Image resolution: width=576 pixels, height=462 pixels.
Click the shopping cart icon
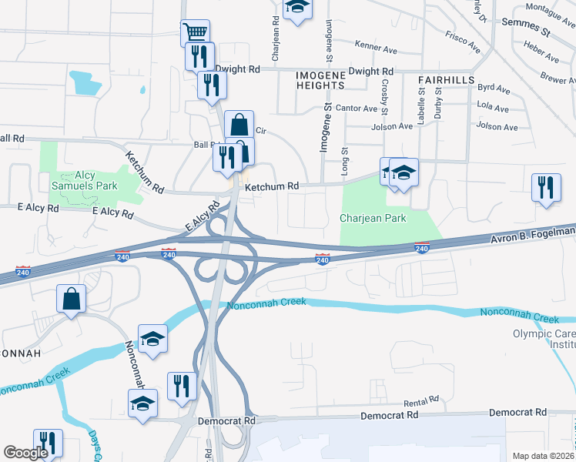(195, 32)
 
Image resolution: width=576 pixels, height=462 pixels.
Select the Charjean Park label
(373, 218)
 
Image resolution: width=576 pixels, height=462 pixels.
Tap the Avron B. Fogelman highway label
(532, 235)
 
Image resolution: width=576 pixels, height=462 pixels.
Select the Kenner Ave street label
(376, 47)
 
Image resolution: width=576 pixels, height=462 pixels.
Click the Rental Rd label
(420, 401)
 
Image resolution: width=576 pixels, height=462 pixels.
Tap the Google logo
(26, 453)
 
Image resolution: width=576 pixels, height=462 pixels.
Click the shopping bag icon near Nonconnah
(71, 300)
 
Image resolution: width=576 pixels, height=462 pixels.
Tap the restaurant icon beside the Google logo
(48, 443)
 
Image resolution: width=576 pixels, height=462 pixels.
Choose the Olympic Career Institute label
(544, 340)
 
